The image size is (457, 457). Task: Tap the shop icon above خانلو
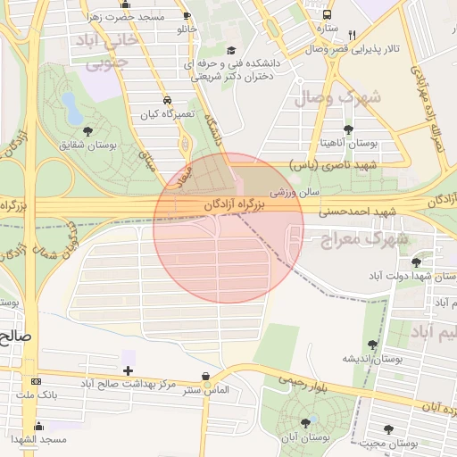(x=186, y=16)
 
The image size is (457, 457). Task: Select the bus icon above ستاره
(x=327, y=15)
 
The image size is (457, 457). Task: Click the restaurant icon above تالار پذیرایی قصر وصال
(x=353, y=36)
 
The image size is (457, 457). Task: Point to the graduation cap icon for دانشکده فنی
(x=231, y=51)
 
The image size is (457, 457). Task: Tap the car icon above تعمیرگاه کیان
(x=168, y=100)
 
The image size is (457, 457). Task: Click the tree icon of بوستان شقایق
(x=87, y=130)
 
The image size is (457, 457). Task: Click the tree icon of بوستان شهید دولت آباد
(x=416, y=262)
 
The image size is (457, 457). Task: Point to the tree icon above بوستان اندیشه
(x=372, y=344)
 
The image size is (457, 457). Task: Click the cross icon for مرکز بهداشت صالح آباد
(x=129, y=370)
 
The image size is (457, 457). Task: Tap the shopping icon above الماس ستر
(x=207, y=377)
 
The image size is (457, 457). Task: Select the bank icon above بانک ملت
(x=35, y=381)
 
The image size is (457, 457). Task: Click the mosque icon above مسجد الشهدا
(x=37, y=427)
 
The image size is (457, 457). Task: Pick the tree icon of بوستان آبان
(x=306, y=422)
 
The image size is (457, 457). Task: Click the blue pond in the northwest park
(x=71, y=108)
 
